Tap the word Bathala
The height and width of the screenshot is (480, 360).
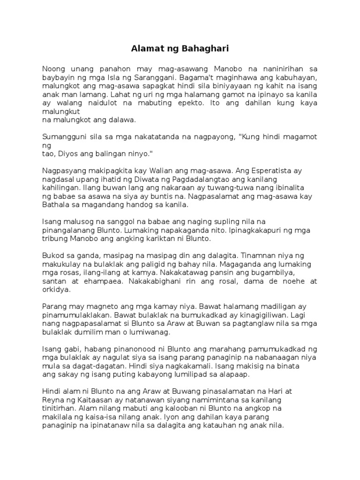coord(56,205)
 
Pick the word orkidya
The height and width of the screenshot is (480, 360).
coord(57,290)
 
